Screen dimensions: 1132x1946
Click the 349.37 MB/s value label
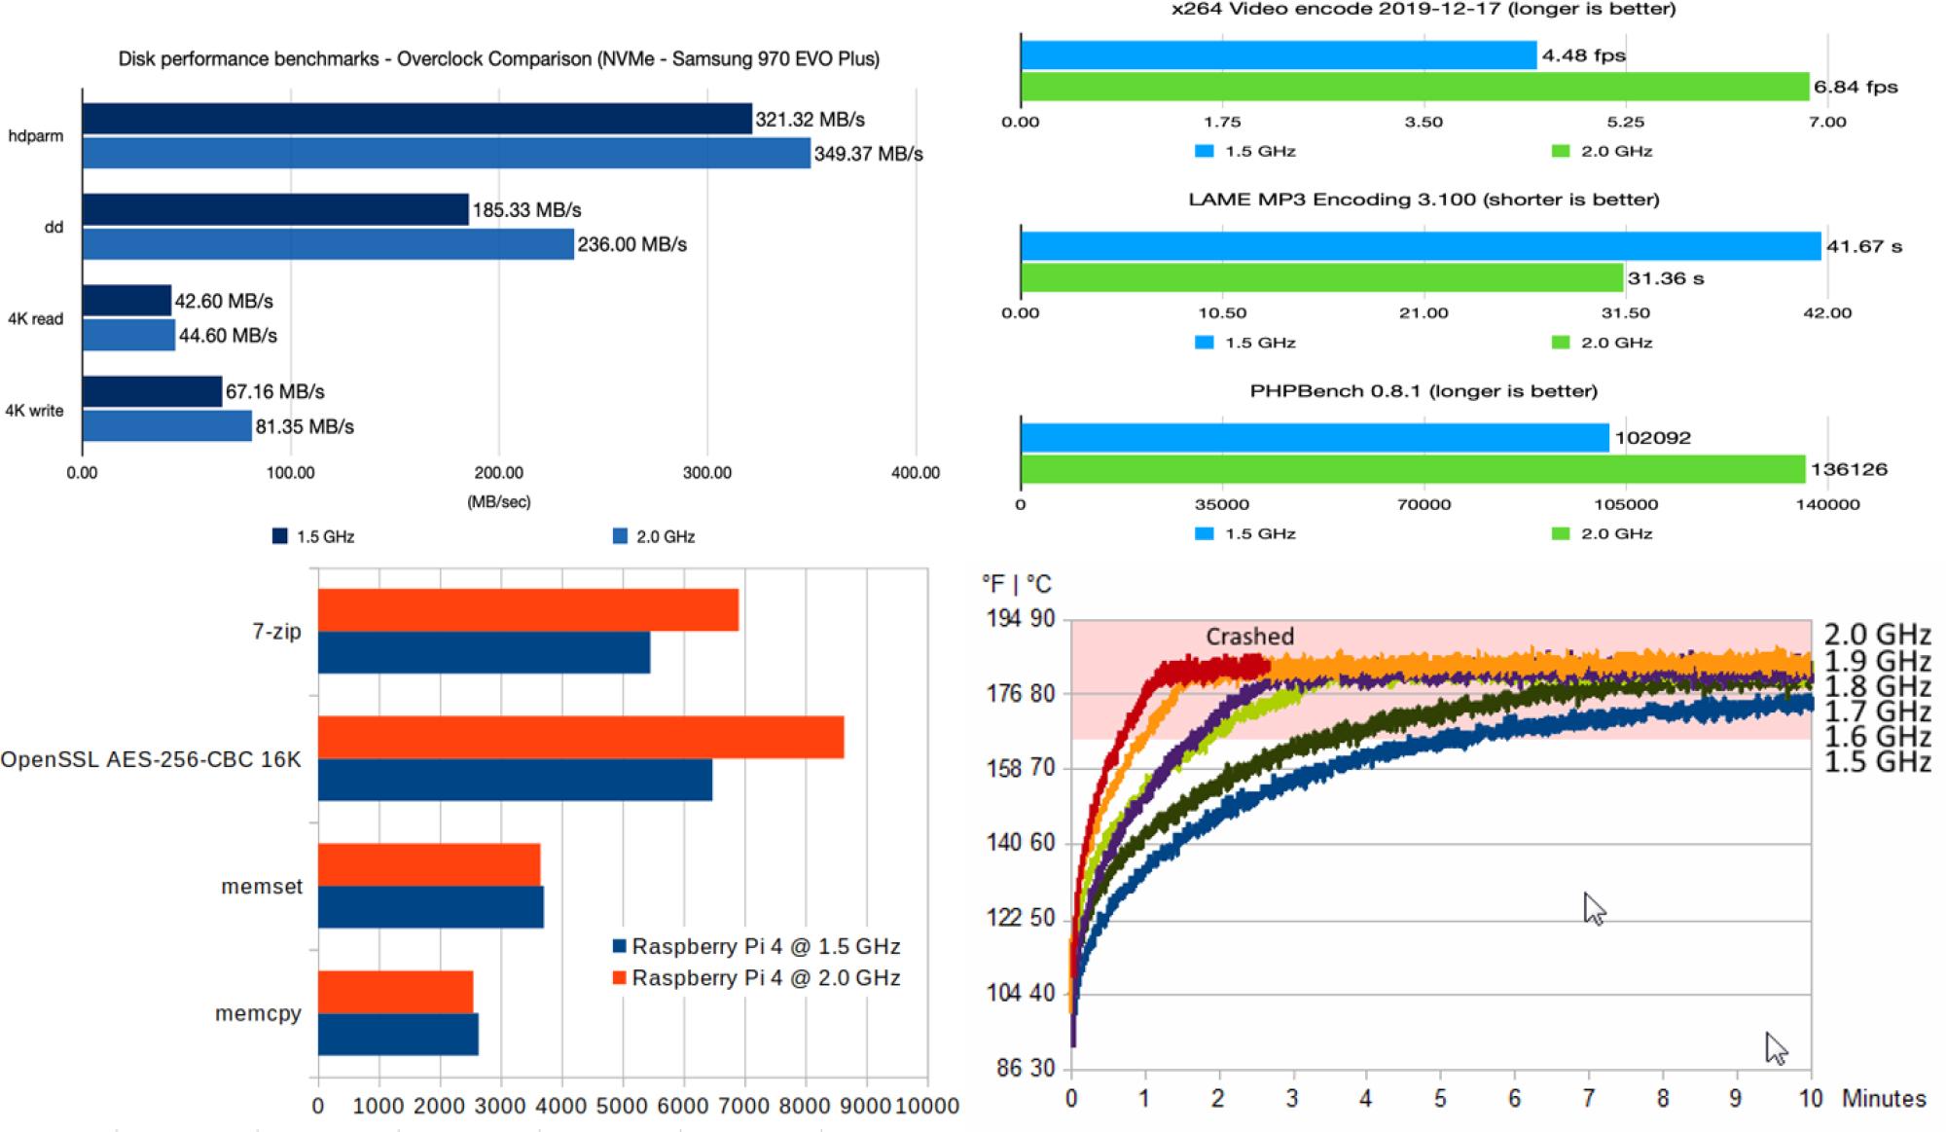pos(868,154)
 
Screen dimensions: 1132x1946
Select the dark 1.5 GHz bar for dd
pos(275,210)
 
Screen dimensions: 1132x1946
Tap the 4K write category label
pos(35,411)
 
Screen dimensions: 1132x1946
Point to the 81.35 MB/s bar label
pos(305,426)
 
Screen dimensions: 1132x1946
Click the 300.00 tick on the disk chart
pos(706,473)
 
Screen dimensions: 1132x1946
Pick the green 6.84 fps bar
pos(1415,87)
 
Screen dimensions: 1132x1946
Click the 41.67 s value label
pos(1863,246)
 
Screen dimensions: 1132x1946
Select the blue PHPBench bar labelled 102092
pos(1315,438)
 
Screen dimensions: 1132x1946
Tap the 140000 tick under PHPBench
pos(1827,504)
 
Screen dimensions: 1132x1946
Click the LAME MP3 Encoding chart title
pos(1423,200)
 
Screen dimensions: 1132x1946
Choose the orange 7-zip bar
pos(528,610)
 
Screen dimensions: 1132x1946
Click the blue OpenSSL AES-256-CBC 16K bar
pos(515,780)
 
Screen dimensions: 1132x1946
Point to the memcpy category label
pos(258,1013)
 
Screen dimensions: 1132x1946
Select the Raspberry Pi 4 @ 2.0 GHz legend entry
pos(756,977)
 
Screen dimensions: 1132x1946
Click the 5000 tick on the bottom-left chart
pos(622,1106)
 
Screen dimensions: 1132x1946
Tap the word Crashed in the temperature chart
pos(1249,637)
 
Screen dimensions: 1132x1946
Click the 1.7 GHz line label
pos(1877,712)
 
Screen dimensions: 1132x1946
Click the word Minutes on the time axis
pos(1884,1099)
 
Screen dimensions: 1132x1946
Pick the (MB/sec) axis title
pos(498,502)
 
